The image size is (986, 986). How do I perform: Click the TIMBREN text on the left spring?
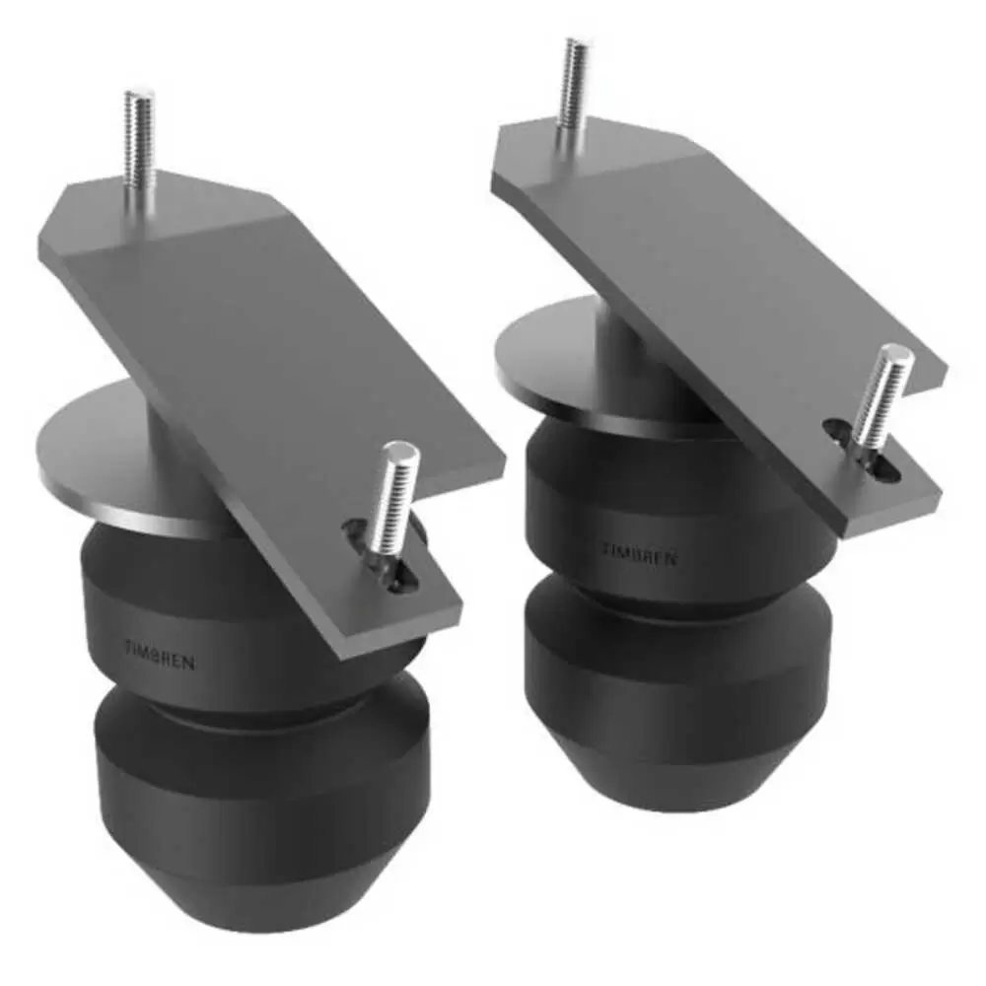coord(161,655)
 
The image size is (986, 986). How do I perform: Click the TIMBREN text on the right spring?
coord(640,553)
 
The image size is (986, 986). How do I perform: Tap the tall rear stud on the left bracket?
coord(139,151)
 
